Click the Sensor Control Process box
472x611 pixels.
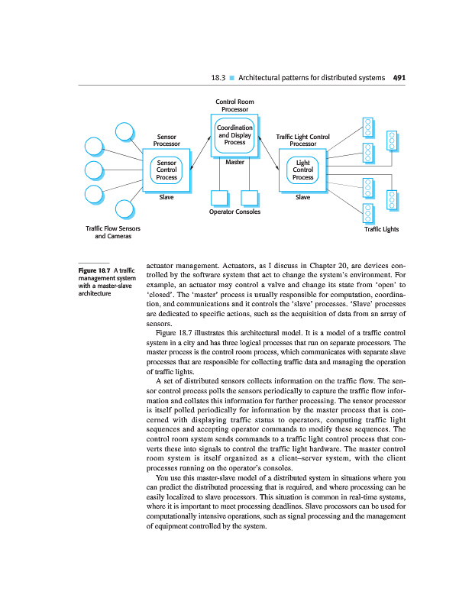166,170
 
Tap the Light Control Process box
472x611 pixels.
303,170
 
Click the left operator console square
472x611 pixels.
219,198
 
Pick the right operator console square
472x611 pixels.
249,198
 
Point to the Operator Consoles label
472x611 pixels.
234,212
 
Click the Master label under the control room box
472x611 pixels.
234,162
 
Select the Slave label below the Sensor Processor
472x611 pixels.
166,197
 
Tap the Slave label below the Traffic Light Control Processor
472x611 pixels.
303,197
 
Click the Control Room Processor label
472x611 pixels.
234,105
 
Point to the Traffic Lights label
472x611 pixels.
381,228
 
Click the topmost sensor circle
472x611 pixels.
126,131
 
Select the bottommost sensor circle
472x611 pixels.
126,209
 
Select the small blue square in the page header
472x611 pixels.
233,77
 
